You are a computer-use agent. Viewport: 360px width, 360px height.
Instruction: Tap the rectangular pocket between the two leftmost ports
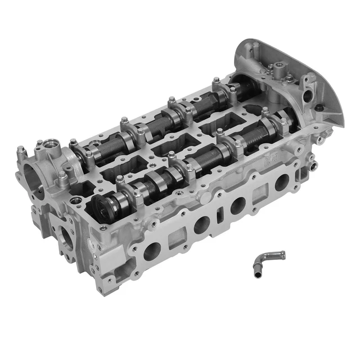(176, 237)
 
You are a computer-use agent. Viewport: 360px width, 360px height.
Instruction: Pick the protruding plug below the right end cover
(313, 165)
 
